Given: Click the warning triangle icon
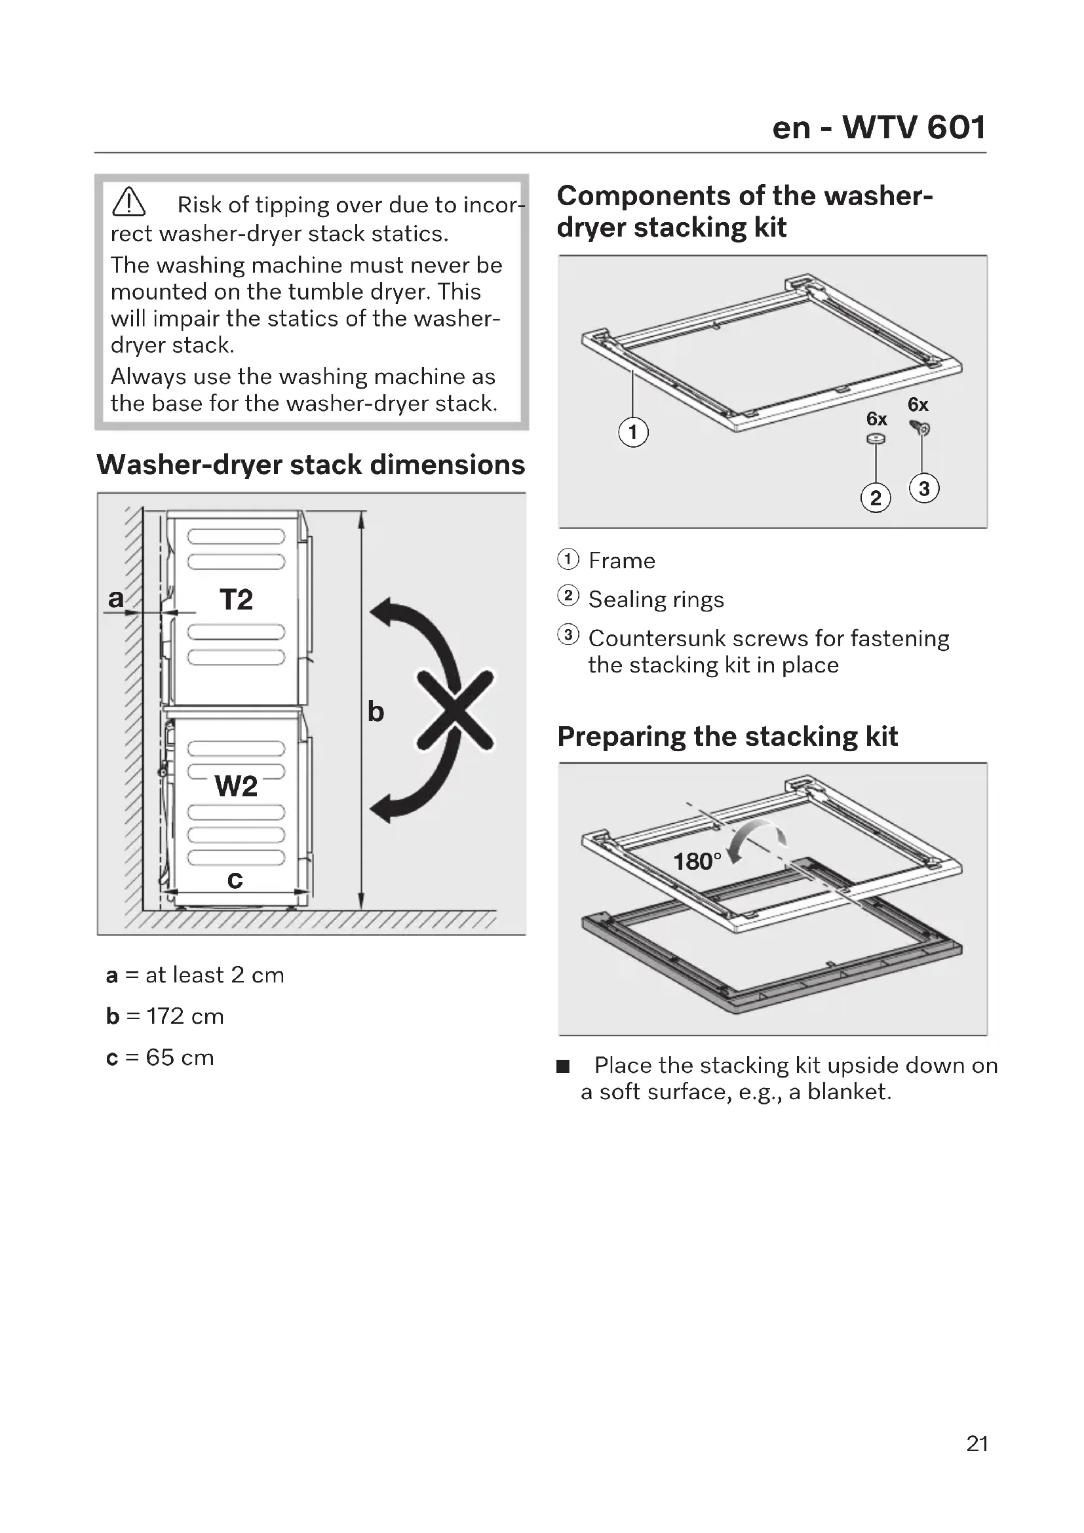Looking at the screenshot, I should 129,203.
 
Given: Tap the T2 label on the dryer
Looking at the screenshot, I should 237,599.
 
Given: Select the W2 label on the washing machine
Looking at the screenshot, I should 236,786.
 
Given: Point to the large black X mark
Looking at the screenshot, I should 456,710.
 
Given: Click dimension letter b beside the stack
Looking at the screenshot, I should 376,712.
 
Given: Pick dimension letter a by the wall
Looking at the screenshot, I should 116,598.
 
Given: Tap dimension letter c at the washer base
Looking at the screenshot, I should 235,880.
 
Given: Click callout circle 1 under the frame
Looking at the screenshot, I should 633,432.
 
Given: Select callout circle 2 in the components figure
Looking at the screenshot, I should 876,498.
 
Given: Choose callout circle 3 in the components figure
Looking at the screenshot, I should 924,489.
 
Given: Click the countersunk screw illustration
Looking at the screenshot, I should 920,428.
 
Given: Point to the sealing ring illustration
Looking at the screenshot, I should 876,438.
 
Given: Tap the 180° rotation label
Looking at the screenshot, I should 697,861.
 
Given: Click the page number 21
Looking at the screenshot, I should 977,1443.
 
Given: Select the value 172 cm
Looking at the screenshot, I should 185,1017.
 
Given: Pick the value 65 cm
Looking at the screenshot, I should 180,1058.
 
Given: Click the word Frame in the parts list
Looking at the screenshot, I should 621,561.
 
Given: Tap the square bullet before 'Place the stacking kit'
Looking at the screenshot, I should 564,1066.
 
